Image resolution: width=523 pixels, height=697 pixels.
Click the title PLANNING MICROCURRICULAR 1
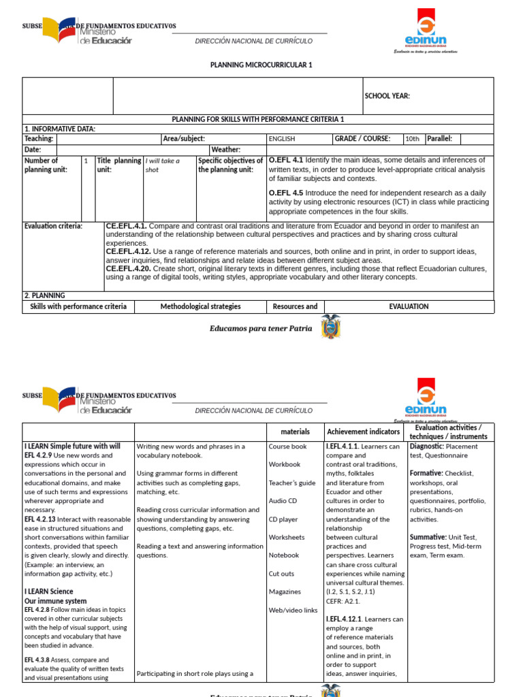click(x=262, y=65)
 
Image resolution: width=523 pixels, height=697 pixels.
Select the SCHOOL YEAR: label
click(x=387, y=96)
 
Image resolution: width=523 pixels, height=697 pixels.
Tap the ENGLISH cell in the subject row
click(x=282, y=139)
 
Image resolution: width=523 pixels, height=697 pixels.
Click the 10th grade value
click(x=412, y=139)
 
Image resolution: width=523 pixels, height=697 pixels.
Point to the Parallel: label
click(x=439, y=139)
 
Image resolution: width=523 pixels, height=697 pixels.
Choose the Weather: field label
click(x=225, y=149)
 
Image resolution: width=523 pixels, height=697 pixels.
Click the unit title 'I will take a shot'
click(x=162, y=165)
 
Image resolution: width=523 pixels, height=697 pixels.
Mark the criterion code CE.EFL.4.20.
click(x=128, y=269)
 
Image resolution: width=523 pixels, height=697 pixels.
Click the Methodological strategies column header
click(x=200, y=307)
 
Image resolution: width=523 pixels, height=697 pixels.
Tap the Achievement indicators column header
click(x=363, y=432)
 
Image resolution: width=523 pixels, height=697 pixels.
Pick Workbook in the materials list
click(x=284, y=464)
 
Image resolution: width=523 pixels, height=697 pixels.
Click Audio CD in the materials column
click(x=283, y=501)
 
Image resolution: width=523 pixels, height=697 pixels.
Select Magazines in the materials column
click(x=285, y=592)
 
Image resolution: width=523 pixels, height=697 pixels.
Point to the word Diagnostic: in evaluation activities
click(x=426, y=447)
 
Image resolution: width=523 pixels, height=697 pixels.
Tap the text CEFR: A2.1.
click(x=343, y=601)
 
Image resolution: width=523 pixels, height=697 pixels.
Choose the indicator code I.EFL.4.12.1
click(x=346, y=619)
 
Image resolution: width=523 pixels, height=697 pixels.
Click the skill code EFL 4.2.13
click(x=39, y=519)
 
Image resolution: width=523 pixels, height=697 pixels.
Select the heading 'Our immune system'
click(x=55, y=601)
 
